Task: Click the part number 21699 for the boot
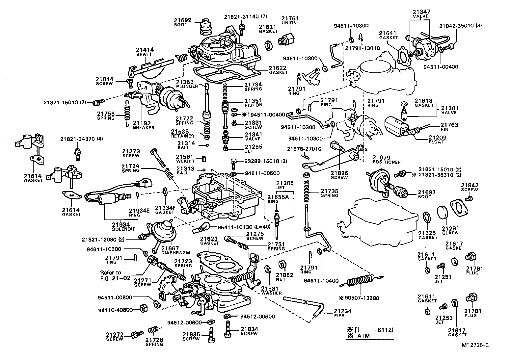point(182,20)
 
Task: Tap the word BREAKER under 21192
point(144,128)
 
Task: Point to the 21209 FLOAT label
point(437,140)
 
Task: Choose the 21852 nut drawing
point(282,265)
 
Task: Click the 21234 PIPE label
point(342,313)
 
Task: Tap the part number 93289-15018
point(262,161)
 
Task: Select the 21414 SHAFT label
point(145,52)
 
